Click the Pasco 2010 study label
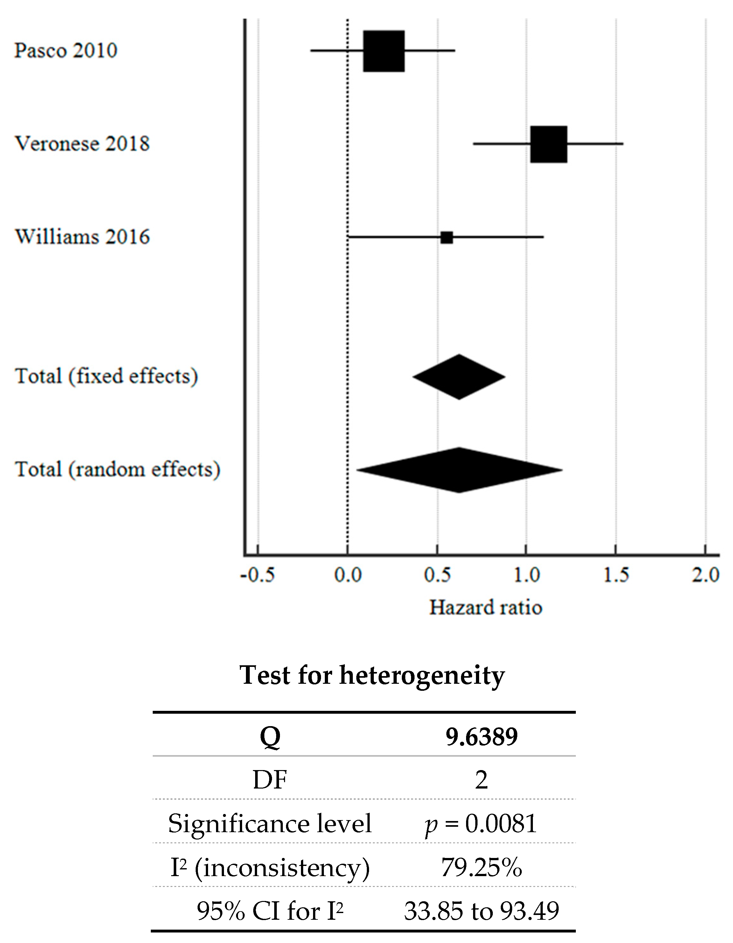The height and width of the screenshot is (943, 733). [x=66, y=51]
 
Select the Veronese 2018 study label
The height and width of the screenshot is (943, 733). [x=82, y=144]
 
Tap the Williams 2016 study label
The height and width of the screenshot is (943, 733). [x=82, y=237]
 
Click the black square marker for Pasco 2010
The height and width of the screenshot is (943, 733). [x=384, y=51]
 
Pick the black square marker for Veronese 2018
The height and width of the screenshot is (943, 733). [x=548, y=144]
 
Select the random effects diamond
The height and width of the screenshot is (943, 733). [x=459, y=470]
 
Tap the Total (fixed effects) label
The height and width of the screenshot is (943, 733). [x=106, y=376]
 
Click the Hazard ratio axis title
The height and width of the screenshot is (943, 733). [x=485, y=608]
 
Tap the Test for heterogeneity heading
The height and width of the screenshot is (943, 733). [x=372, y=675]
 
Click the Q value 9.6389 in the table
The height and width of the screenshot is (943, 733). [x=481, y=737]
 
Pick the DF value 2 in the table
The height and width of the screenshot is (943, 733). [x=481, y=780]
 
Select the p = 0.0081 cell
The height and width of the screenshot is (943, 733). [x=481, y=823]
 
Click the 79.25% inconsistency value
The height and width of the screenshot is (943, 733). [x=481, y=867]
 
